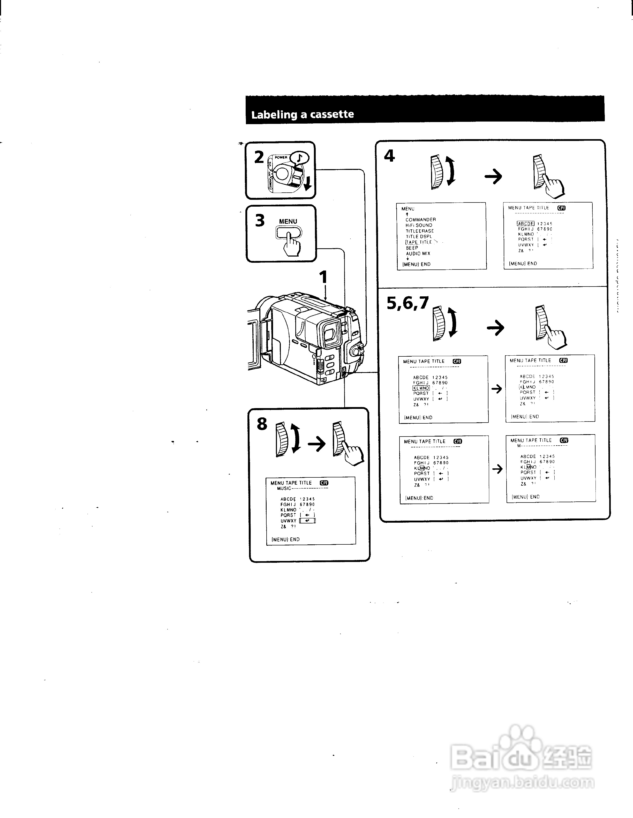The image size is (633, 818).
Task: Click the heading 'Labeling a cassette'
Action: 302,114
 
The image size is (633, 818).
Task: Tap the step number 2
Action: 259,157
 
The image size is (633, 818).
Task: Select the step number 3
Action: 260,220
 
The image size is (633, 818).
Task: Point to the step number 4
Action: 389,156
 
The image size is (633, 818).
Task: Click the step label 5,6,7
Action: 408,303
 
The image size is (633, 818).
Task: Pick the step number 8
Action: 262,424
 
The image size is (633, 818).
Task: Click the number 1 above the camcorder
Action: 323,277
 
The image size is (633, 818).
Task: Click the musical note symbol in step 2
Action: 299,158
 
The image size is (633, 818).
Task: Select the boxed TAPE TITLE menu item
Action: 419,242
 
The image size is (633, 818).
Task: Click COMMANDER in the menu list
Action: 421,220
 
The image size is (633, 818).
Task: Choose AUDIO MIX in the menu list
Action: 418,253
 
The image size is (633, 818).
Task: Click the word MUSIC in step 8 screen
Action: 284,489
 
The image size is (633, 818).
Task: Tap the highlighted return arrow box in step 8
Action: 307,521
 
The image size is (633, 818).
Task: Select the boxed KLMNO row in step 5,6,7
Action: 421,388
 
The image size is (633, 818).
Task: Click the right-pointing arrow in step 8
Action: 316,445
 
